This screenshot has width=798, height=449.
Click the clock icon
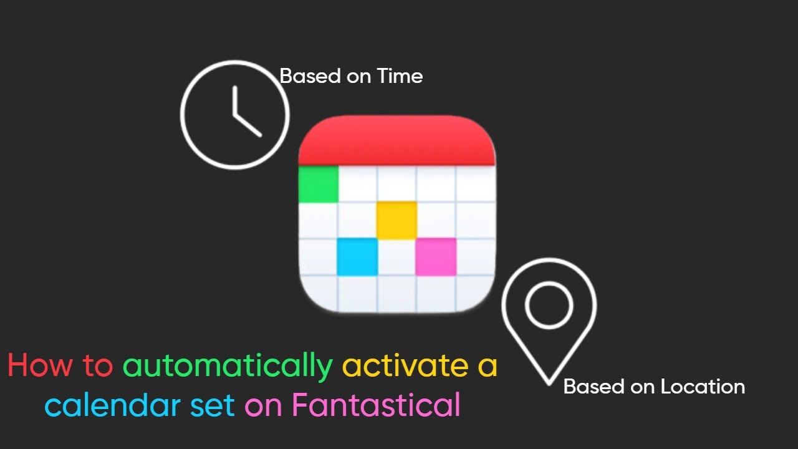click(234, 115)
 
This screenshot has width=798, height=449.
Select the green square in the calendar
click(319, 184)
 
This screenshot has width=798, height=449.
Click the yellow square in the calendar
click(397, 220)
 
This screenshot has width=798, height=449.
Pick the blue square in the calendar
click(357, 256)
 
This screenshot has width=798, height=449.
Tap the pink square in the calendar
click(435, 256)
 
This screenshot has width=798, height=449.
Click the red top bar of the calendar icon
click(397, 141)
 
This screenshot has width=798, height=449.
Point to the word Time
click(400, 76)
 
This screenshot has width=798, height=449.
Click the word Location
click(703, 387)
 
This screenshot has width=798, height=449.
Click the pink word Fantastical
click(376, 405)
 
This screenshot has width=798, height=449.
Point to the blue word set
click(213, 405)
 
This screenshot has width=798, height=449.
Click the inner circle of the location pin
click(549, 305)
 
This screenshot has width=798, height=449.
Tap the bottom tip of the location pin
click(549, 382)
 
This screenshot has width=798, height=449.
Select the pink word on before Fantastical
click(264, 406)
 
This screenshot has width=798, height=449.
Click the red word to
click(97, 365)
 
